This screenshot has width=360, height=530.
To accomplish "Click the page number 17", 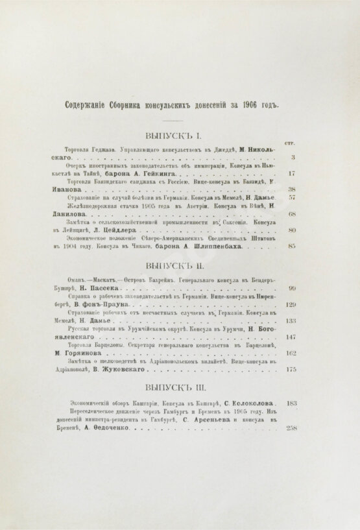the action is point(292,174).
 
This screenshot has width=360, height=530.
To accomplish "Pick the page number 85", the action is point(292,247).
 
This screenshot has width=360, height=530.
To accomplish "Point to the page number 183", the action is point(291,403).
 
